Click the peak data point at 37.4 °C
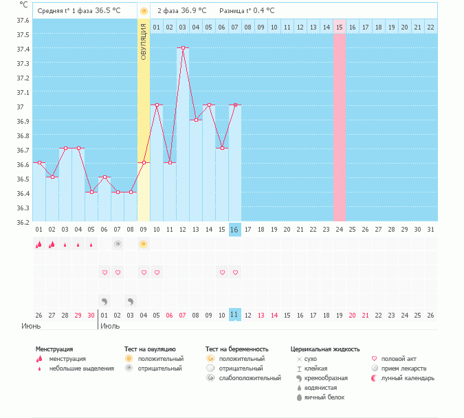pyautogui.click(x=183, y=48)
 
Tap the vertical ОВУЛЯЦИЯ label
pyautogui.click(x=144, y=42)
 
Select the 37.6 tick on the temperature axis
pyautogui.click(x=23, y=20)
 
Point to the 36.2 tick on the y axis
pyautogui.click(x=23, y=222)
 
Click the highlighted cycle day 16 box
pyautogui.click(x=235, y=229)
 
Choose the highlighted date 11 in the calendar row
pyautogui.click(x=235, y=315)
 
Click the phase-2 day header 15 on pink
pyautogui.click(x=340, y=27)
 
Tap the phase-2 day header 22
pyautogui.click(x=430, y=27)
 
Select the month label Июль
pyautogui.click(x=111, y=326)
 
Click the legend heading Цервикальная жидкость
pyautogui.click(x=325, y=349)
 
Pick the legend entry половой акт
pyautogui.click(x=399, y=359)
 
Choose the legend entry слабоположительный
pyautogui.click(x=249, y=378)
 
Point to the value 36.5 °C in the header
pyautogui.click(x=107, y=11)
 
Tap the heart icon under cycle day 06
pyautogui.click(x=104, y=273)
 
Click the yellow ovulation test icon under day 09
pyautogui.click(x=144, y=244)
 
